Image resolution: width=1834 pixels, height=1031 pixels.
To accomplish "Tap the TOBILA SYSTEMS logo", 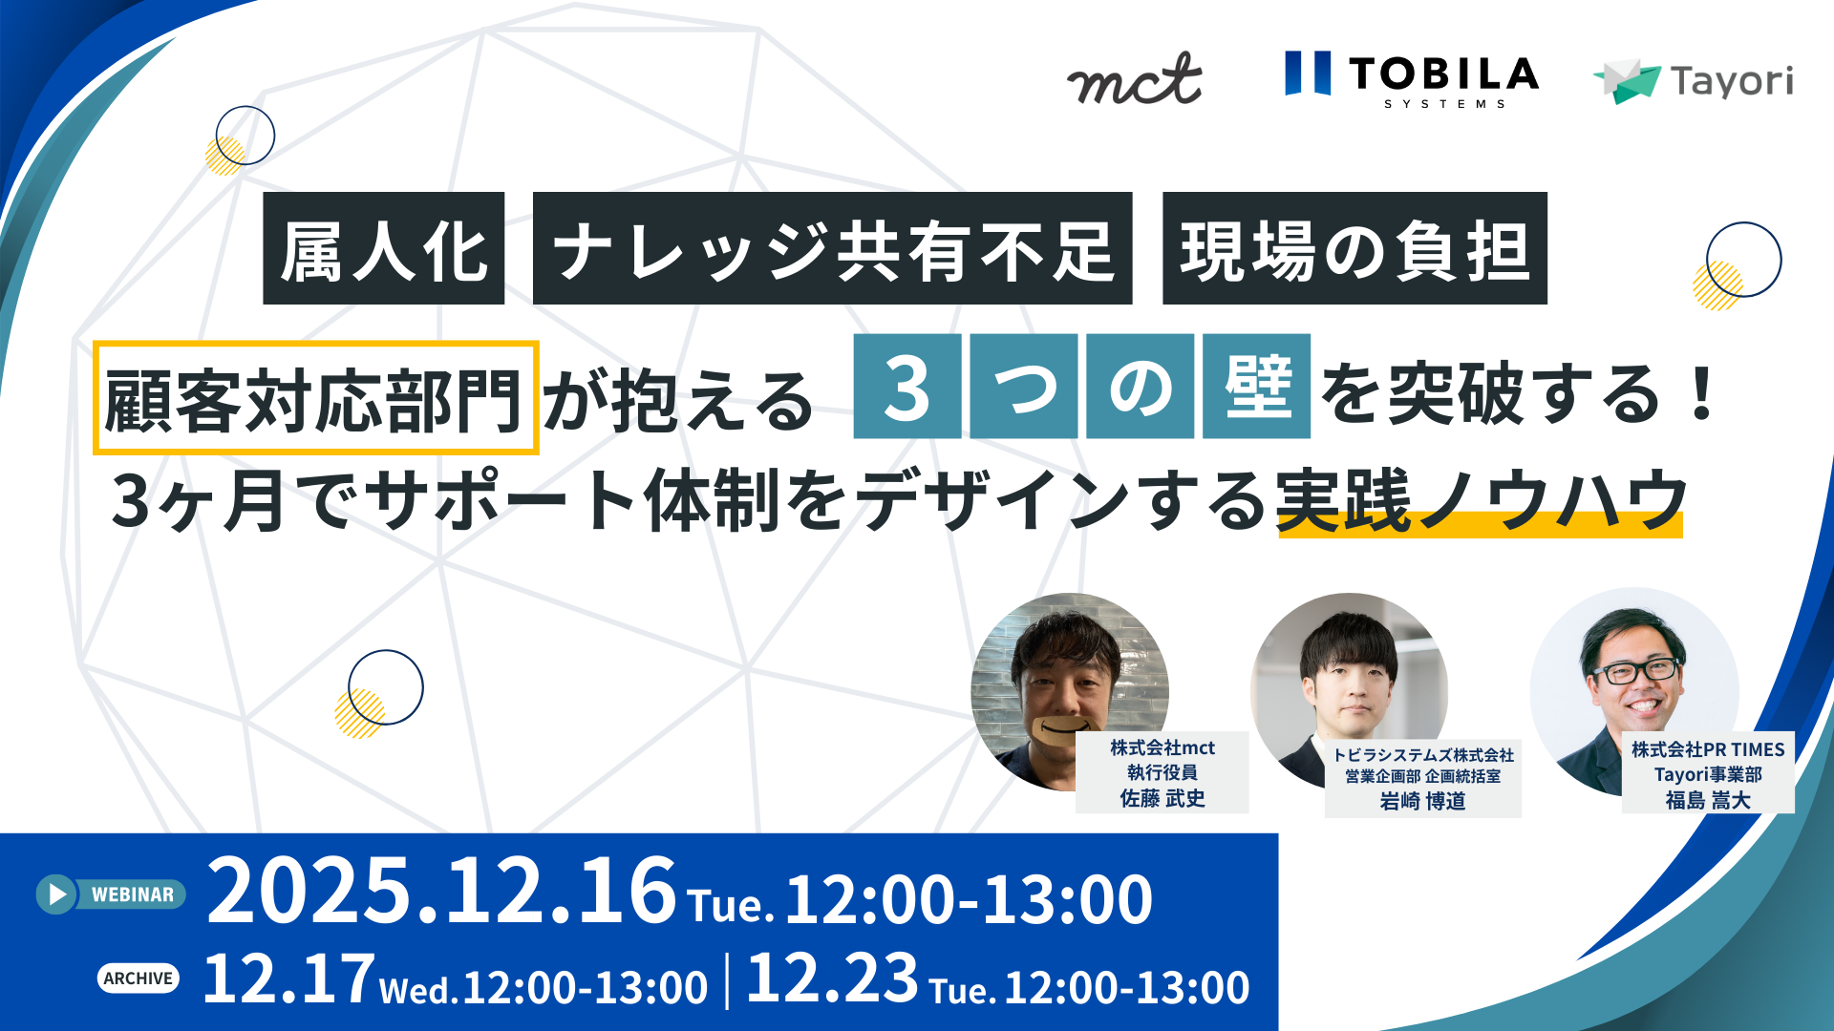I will pyautogui.click(x=1411, y=78).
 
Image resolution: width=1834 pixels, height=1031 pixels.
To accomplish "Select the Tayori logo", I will pyautogui.click(x=1694, y=81).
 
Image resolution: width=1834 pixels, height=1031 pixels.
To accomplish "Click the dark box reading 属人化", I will pyautogui.click(x=383, y=249).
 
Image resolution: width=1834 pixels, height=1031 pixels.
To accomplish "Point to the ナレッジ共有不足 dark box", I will pyautogui.click(x=832, y=249).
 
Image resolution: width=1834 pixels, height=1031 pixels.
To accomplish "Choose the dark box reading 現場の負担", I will pyautogui.click(x=1354, y=249).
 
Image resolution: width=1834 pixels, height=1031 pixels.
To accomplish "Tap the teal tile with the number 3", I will pyautogui.click(x=906, y=387).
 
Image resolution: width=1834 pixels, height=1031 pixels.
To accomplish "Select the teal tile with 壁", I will pyautogui.click(x=1256, y=387).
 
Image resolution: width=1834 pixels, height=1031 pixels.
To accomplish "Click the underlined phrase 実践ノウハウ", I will pyautogui.click(x=1480, y=501).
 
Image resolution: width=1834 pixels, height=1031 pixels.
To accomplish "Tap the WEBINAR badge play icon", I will pyautogui.click(x=57, y=894).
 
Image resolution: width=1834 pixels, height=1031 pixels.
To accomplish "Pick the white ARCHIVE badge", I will pyautogui.click(x=139, y=978).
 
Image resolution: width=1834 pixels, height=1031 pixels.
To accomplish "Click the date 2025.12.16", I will pyautogui.click(x=441, y=891).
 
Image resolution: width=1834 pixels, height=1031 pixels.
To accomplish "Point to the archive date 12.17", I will pyautogui.click(x=288, y=979).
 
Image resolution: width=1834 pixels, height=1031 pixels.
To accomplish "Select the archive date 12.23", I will pyautogui.click(x=831, y=979).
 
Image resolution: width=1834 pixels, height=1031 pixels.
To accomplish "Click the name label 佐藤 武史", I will pyautogui.click(x=1162, y=799).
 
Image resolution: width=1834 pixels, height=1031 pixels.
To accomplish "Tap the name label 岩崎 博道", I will pyautogui.click(x=1422, y=802).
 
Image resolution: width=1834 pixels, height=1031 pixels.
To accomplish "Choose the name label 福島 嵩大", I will pyautogui.click(x=1708, y=801).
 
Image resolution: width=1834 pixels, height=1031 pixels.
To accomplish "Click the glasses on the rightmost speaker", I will pyautogui.click(x=1634, y=671).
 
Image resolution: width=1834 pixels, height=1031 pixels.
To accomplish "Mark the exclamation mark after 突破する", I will pyautogui.click(x=1701, y=394).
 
